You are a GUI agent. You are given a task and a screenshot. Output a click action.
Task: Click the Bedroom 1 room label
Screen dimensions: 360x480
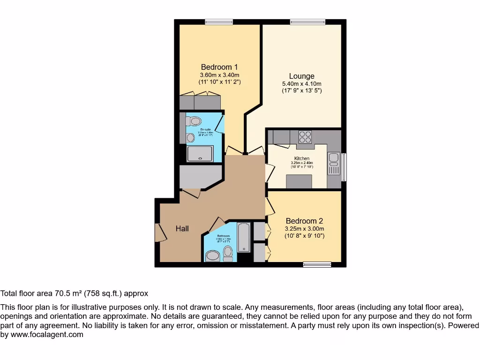[x=219, y=67]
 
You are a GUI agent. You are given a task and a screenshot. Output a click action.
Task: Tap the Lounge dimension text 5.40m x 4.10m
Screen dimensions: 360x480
[x=301, y=84]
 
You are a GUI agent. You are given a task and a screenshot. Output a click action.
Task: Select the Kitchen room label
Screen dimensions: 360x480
[x=301, y=158]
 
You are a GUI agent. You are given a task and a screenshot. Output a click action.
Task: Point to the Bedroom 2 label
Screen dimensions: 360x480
[x=304, y=221]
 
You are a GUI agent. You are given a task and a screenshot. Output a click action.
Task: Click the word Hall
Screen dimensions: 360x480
[x=182, y=228]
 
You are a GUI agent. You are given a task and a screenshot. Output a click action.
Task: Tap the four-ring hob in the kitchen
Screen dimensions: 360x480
[x=305, y=137]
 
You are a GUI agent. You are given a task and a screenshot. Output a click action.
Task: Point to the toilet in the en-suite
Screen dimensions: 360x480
[x=193, y=121]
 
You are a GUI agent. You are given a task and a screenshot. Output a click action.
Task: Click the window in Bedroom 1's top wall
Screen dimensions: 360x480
[x=219, y=22]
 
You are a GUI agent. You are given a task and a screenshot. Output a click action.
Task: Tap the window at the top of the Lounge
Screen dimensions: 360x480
[x=307, y=22]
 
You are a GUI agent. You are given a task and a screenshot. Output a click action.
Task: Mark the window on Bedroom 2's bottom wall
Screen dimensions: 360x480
[x=317, y=265]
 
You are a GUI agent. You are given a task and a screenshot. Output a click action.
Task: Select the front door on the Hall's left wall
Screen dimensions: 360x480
[x=158, y=232]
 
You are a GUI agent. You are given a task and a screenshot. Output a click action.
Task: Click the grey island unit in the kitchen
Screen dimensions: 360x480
[x=299, y=181]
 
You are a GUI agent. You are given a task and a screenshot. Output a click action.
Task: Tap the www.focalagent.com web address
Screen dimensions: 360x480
[x=47, y=335]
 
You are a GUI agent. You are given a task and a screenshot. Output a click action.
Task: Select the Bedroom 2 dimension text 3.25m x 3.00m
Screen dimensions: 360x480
[x=304, y=229]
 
